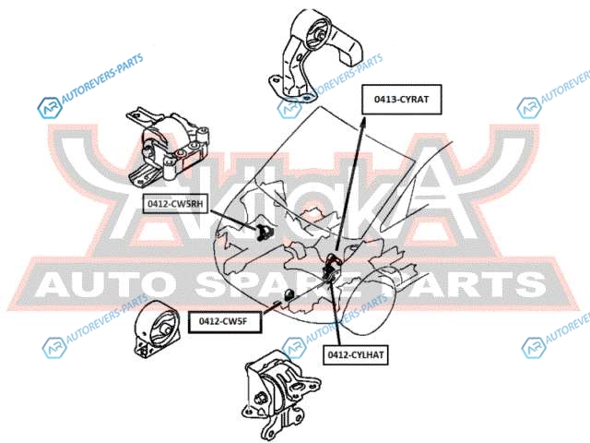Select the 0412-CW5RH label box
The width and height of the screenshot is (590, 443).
pos(176,203)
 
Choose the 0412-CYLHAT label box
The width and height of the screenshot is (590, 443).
pos(355,353)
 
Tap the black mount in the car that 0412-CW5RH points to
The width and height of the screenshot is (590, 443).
pos(260,230)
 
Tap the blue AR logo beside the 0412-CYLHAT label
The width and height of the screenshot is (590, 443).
pos(536,347)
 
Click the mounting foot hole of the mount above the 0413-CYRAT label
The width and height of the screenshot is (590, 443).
pos(274,81)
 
